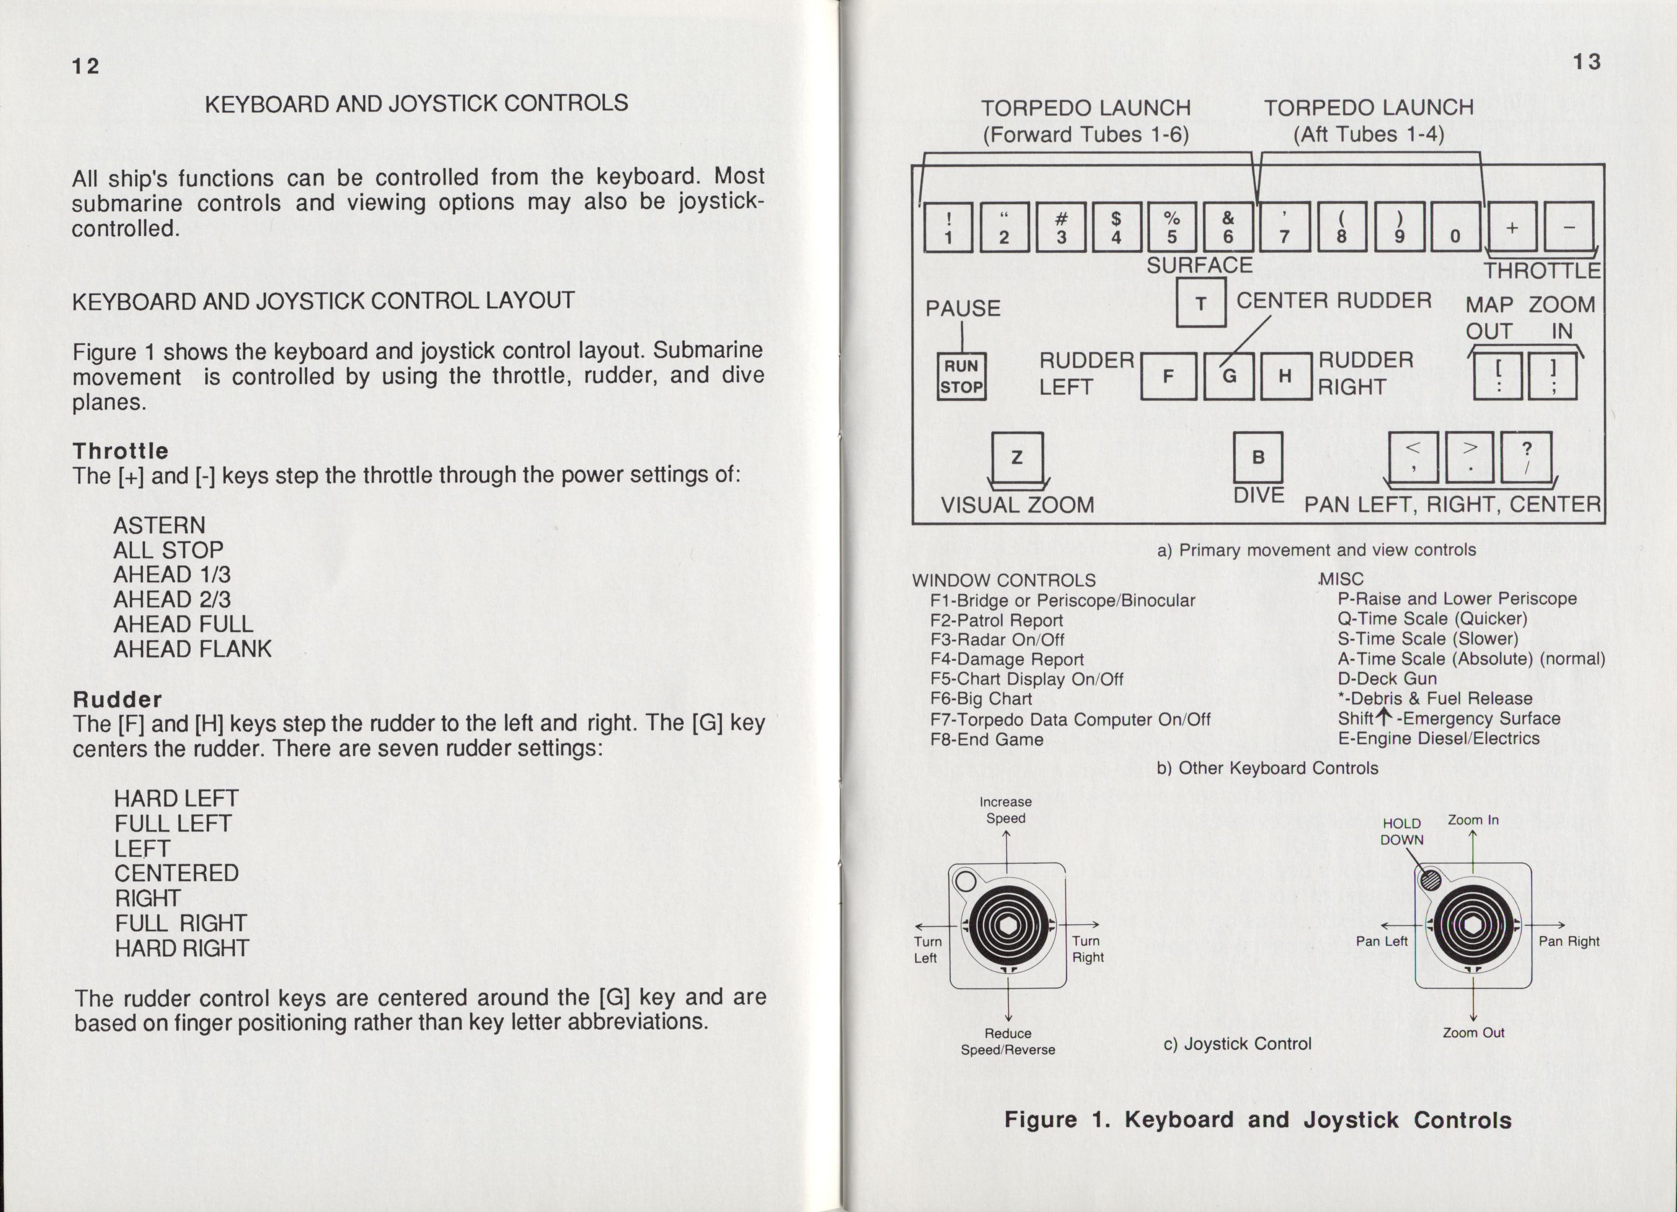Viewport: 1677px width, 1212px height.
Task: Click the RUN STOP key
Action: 961,376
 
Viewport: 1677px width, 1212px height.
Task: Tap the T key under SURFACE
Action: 1201,302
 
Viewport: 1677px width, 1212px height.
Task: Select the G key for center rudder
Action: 1228,376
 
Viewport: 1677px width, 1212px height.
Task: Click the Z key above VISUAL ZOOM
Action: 1017,457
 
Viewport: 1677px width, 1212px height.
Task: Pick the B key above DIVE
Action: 1258,457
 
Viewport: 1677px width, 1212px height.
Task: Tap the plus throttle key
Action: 1512,227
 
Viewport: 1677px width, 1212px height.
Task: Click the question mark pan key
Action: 1526,457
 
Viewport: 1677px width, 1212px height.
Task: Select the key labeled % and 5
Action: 1172,227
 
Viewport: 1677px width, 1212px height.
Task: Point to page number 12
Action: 85,66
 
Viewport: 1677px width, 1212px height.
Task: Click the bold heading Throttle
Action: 121,451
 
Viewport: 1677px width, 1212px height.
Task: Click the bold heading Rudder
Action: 117,699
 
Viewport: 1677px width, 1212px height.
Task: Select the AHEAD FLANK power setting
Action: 192,648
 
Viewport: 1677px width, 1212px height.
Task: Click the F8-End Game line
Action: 986,739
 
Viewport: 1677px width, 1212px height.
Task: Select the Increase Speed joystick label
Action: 1006,810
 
